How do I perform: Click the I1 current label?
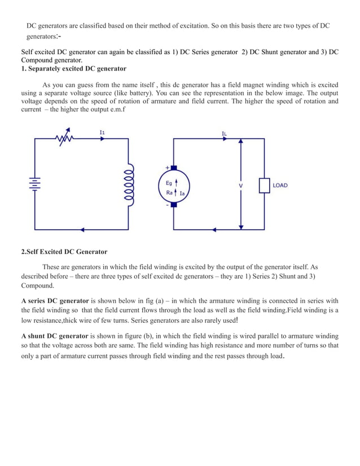(102, 132)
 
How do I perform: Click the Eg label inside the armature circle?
(169, 182)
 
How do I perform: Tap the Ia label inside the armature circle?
(182, 194)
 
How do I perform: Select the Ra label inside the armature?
(169, 192)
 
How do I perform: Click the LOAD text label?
(280, 186)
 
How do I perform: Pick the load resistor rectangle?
(264, 186)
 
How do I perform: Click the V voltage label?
(241, 186)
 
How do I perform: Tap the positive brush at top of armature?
(174, 168)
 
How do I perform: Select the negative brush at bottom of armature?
(174, 204)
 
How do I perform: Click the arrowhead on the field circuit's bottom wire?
(84, 229)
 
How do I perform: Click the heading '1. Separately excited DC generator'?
(74, 69)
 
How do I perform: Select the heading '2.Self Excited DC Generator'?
(64, 252)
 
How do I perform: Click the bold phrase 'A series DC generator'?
(55, 301)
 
